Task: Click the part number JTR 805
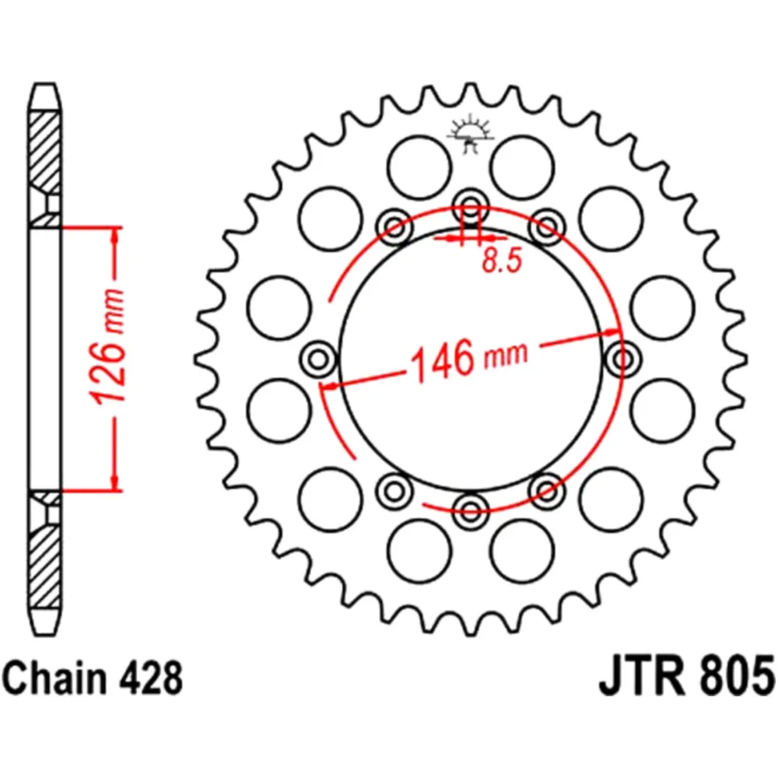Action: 685,677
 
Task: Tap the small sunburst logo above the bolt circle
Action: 470,134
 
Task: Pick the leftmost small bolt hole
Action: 317,359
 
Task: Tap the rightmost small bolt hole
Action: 622,359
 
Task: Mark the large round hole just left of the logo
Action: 419,166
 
